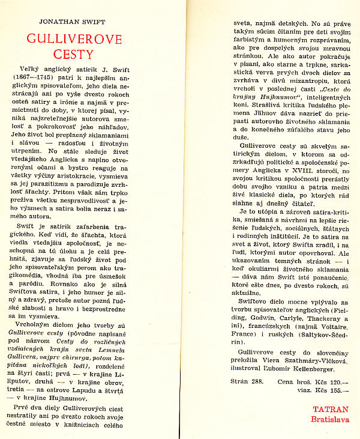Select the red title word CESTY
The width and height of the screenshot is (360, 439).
click(74, 56)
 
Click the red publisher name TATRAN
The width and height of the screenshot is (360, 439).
click(330, 410)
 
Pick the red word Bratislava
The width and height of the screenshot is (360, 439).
click(330, 419)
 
